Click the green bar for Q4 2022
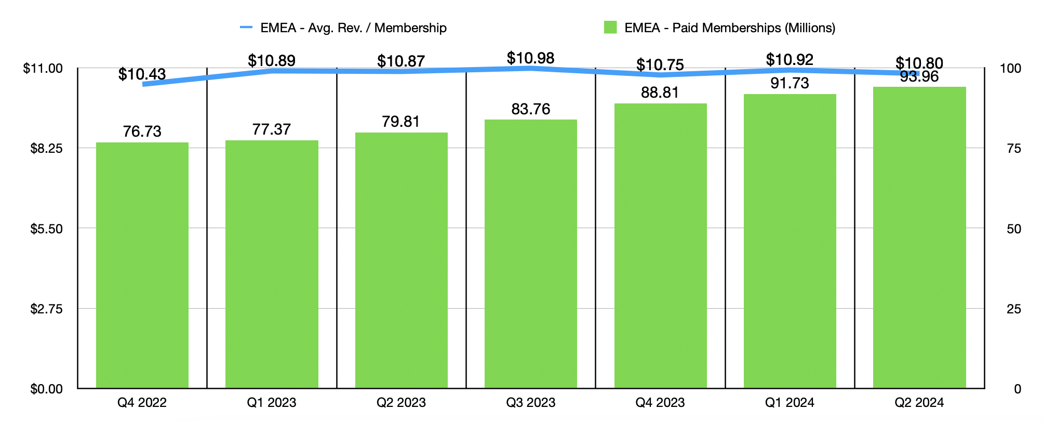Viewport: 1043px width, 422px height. click(x=142, y=265)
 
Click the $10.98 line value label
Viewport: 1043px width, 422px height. click(x=531, y=58)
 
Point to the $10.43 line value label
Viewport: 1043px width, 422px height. click(x=142, y=74)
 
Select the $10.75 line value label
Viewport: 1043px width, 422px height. click(x=660, y=65)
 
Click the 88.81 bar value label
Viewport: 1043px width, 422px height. click(x=660, y=93)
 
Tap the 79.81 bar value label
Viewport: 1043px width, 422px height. click(x=401, y=122)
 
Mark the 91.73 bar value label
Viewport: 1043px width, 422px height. click(x=790, y=83)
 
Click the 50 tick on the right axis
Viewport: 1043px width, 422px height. click(x=1013, y=229)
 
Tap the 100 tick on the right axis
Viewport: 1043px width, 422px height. click(x=1010, y=69)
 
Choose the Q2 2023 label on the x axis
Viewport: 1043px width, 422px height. click(x=401, y=403)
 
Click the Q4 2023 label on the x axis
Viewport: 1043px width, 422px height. click(x=660, y=403)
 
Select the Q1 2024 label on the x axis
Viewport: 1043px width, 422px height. click(x=790, y=403)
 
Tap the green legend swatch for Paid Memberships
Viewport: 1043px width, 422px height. click(x=610, y=28)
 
